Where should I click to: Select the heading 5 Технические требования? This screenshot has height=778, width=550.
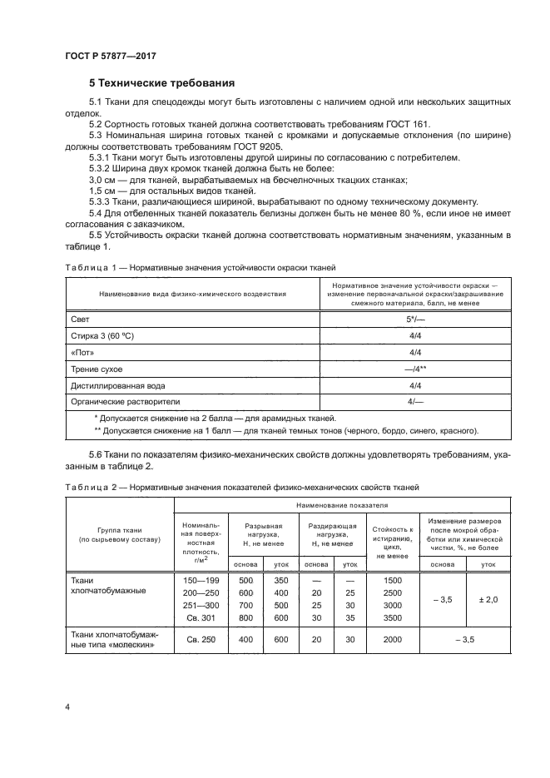161,83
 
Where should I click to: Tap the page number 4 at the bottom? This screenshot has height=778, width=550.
66,706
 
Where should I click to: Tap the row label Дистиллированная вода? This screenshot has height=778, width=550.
118,385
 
